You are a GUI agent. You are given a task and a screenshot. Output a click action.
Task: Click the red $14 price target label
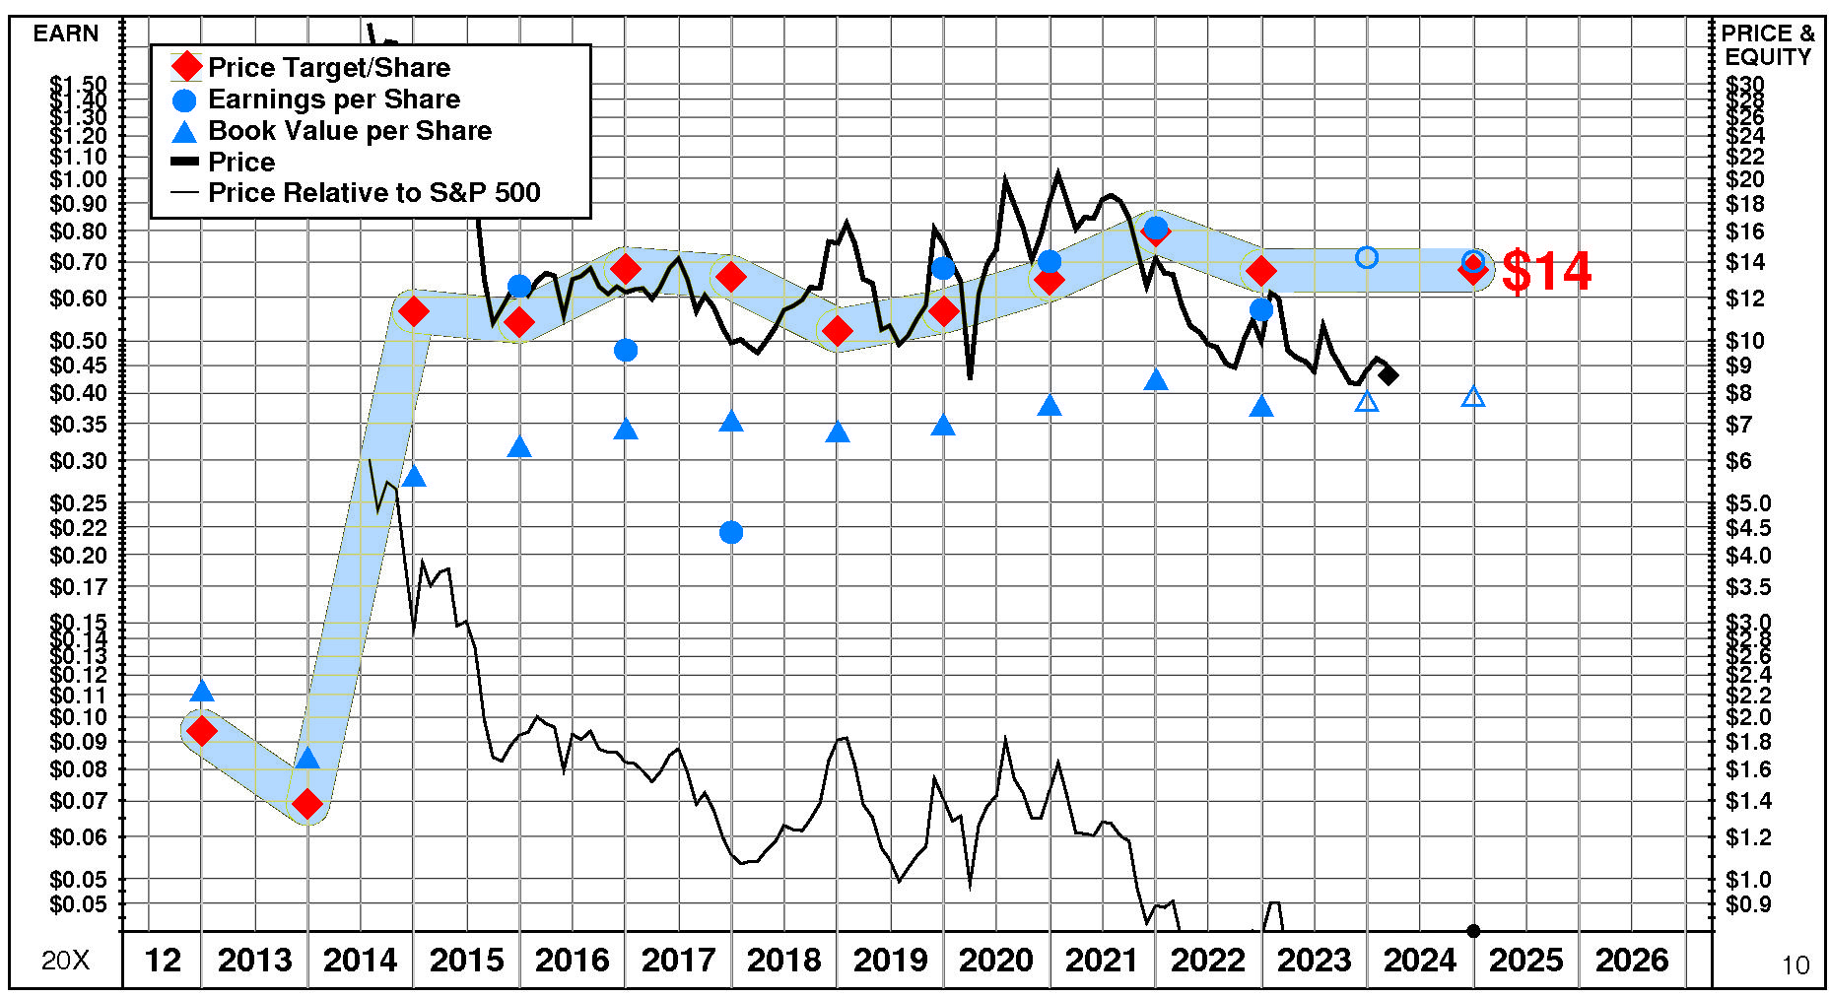(x=1546, y=271)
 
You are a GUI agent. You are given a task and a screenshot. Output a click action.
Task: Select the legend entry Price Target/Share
(x=328, y=68)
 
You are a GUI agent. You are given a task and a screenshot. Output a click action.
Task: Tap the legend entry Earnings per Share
(x=333, y=100)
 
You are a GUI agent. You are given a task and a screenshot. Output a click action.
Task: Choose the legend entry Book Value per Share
(x=349, y=131)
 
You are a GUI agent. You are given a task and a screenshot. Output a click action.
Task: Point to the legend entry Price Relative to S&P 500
(x=373, y=192)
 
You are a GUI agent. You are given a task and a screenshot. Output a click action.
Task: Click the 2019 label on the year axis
(x=890, y=960)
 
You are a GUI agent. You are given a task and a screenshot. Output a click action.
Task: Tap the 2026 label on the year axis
(x=1632, y=960)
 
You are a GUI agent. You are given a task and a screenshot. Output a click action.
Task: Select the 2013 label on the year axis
(x=254, y=960)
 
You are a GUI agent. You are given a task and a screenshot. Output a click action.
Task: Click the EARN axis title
(x=66, y=33)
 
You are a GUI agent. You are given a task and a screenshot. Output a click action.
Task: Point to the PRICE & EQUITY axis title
(x=1768, y=45)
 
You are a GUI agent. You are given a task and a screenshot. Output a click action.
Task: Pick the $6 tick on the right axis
(x=1738, y=461)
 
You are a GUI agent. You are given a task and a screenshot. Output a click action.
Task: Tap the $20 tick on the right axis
(x=1744, y=179)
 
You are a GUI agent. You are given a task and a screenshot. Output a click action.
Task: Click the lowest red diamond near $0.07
(x=307, y=804)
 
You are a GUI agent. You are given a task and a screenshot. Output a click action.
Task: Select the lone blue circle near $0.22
(x=731, y=533)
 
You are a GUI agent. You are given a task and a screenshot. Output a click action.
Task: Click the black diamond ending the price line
(x=1389, y=375)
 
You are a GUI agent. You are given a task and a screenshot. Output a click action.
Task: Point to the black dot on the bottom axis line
(x=1473, y=931)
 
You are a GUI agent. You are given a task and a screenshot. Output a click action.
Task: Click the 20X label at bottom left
(x=65, y=960)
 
